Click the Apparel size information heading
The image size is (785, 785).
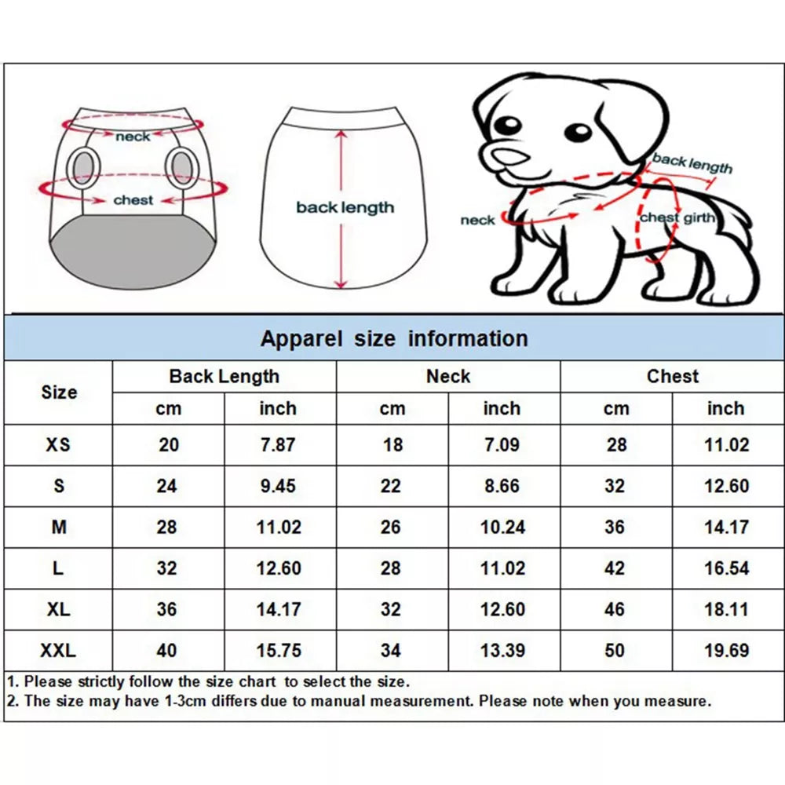click(x=393, y=339)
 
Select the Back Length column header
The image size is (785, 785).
click(x=224, y=376)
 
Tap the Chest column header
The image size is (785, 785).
click(x=672, y=376)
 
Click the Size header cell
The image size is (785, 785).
click(x=59, y=392)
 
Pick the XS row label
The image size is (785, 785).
click(x=58, y=444)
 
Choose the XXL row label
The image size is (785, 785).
click(x=58, y=650)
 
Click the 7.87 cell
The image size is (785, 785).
click(x=278, y=444)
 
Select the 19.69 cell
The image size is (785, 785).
click(x=726, y=650)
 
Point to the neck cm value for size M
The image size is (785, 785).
click(x=391, y=527)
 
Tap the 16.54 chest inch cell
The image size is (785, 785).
click(x=726, y=568)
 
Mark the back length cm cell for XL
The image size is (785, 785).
click(x=167, y=609)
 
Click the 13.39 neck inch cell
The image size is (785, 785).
click(x=502, y=650)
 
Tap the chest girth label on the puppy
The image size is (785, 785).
click(x=677, y=217)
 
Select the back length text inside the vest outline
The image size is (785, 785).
click(x=345, y=208)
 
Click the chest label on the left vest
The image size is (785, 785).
click(x=133, y=200)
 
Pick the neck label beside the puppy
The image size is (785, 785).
click(x=477, y=221)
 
